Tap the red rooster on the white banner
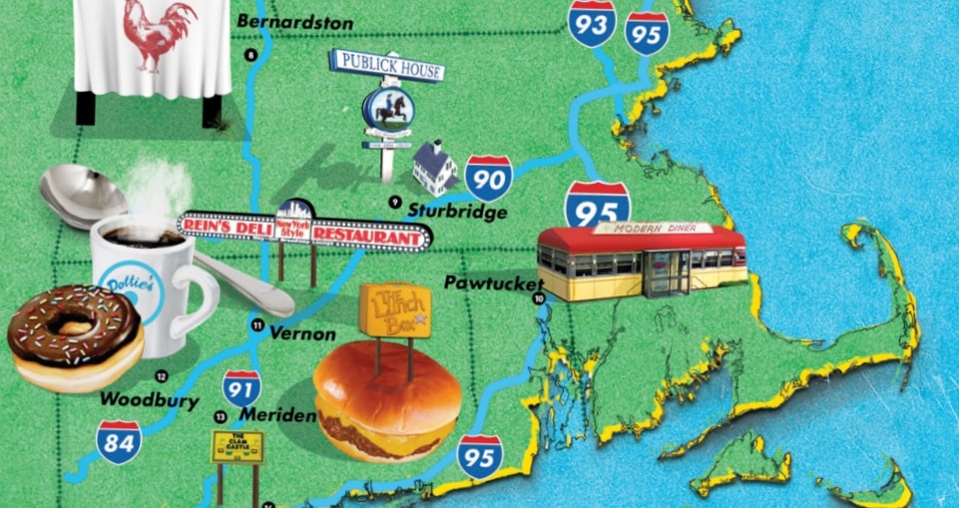[158, 36]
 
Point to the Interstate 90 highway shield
[488, 179]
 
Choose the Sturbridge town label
[457, 212]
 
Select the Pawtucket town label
[495, 282]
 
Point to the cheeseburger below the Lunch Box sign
[387, 401]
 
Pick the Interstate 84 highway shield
[119, 442]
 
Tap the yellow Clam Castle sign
[237, 447]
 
